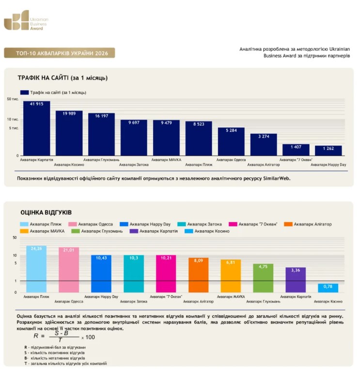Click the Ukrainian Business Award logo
pyautogui.click(x=26, y=20)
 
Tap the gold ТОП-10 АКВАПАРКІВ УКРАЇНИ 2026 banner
pyautogui.click(x=60, y=53)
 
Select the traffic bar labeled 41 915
pyautogui.click(x=36, y=128)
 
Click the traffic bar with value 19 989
pyautogui.click(x=69, y=133)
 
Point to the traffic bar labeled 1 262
pyautogui.click(x=328, y=151)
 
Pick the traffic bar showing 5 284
pyautogui.click(x=231, y=142)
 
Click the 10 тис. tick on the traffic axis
pyautogui.click(x=13, y=119)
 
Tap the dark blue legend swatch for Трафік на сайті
pyautogui.click(x=24, y=93)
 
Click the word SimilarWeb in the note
pyautogui.click(x=277, y=178)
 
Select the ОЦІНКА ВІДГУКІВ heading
pyautogui.click(x=46, y=212)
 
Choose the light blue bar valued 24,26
pyautogui.click(x=36, y=269)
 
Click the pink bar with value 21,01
pyautogui.click(x=69, y=270)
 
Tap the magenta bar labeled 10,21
pyautogui.click(x=166, y=273)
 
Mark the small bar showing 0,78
pyautogui.click(x=328, y=288)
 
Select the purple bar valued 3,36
pyautogui.click(x=296, y=280)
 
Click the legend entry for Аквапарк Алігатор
pyautogui.click(x=308, y=224)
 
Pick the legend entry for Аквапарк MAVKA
pyautogui.click(x=42, y=231)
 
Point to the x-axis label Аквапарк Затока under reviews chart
pyautogui.click(x=134, y=302)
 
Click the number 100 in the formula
pyautogui.click(x=90, y=337)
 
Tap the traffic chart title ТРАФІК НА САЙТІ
pyautogui.click(x=43, y=78)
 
